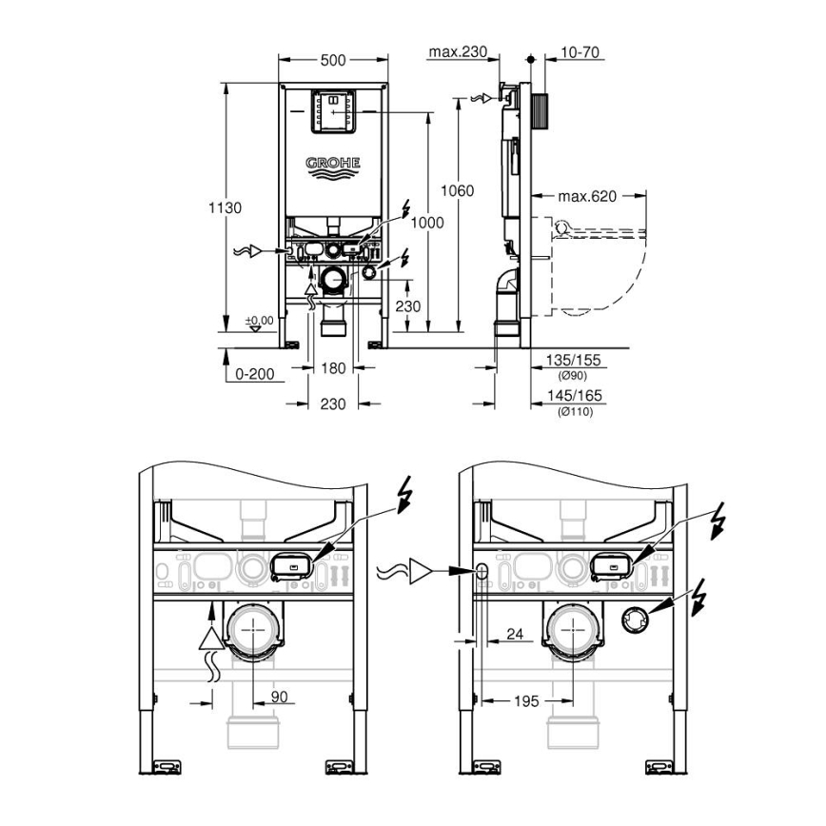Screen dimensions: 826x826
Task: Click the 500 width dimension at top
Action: coord(333,60)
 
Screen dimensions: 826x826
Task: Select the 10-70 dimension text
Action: coord(580,52)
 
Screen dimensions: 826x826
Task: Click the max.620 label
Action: coord(587,197)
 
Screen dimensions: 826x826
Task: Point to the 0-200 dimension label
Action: coord(255,374)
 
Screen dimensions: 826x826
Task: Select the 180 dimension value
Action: coord(333,368)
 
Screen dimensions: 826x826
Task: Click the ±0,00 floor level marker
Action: coord(258,321)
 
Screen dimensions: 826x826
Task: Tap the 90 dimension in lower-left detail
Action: coord(279,698)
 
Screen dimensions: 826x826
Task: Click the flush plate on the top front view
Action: coord(334,112)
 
